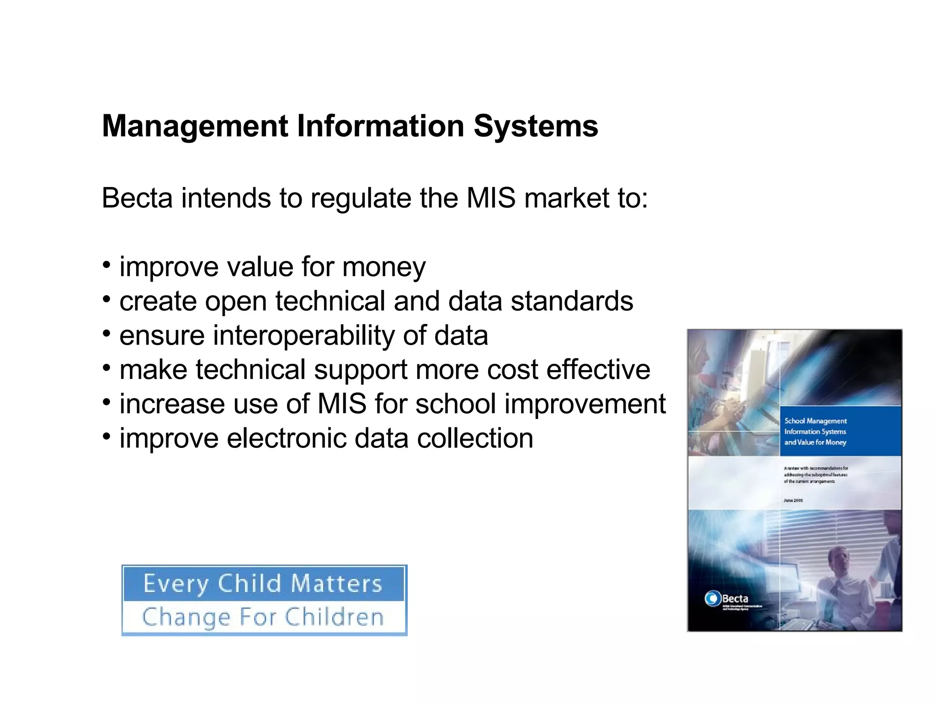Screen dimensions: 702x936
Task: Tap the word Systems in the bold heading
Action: tap(536, 126)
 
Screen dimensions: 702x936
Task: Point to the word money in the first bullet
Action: tap(384, 267)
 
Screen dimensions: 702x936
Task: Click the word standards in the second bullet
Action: tap(572, 301)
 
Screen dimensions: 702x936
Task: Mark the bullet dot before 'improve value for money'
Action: tap(106, 265)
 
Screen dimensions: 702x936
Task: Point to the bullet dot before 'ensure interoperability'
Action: tap(106, 334)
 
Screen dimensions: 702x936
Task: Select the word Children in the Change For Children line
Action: tap(334, 617)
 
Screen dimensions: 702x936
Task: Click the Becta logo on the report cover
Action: tap(727, 599)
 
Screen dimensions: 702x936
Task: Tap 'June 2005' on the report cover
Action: tap(793, 500)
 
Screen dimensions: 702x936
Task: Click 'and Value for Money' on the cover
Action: tap(815, 442)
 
